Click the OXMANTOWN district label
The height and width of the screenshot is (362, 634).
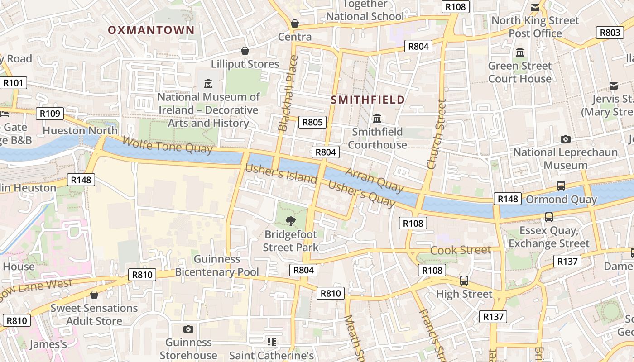[x=151, y=30]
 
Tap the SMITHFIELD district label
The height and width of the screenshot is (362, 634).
[x=368, y=100]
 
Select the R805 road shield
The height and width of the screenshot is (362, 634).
[x=312, y=122]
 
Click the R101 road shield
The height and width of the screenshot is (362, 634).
[x=13, y=83]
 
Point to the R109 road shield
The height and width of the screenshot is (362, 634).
[x=50, y=113]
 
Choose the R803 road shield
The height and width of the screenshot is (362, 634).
[x=610, y=33]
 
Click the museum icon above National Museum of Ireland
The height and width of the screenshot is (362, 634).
[x=208, y=84]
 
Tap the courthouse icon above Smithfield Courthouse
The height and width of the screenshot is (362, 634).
[x=377, y=119]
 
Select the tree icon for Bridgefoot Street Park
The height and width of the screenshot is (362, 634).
[x=290, y=221]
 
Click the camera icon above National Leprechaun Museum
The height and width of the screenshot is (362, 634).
[x=565, y=139]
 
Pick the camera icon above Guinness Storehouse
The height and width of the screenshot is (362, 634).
[x=188, y=329]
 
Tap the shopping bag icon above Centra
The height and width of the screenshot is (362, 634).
[x=295, y=24]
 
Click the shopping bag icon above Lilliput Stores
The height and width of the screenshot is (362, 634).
[x=245, y=51]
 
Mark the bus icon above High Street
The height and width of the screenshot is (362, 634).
[x=464, y=281]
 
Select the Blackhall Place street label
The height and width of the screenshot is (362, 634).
[x=288, y=93]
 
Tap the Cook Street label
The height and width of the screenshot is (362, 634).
[x=461, y=250]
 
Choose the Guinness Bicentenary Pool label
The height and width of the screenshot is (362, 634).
[x=217, y=266]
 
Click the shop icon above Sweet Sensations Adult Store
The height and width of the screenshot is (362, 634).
[x=94, y=295]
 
